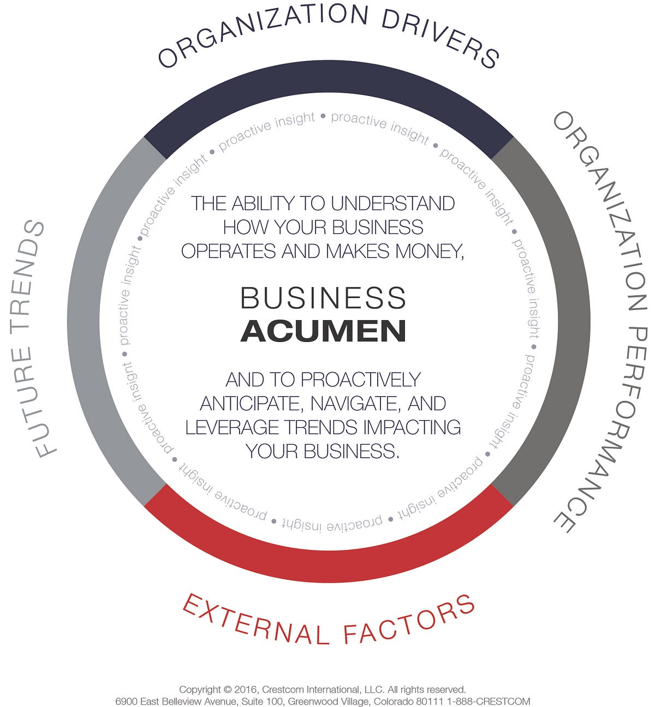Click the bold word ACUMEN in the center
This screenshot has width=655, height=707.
coord(323,331)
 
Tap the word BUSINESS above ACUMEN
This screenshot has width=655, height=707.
coord(323,298)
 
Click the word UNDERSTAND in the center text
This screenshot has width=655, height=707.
coord(393,203)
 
